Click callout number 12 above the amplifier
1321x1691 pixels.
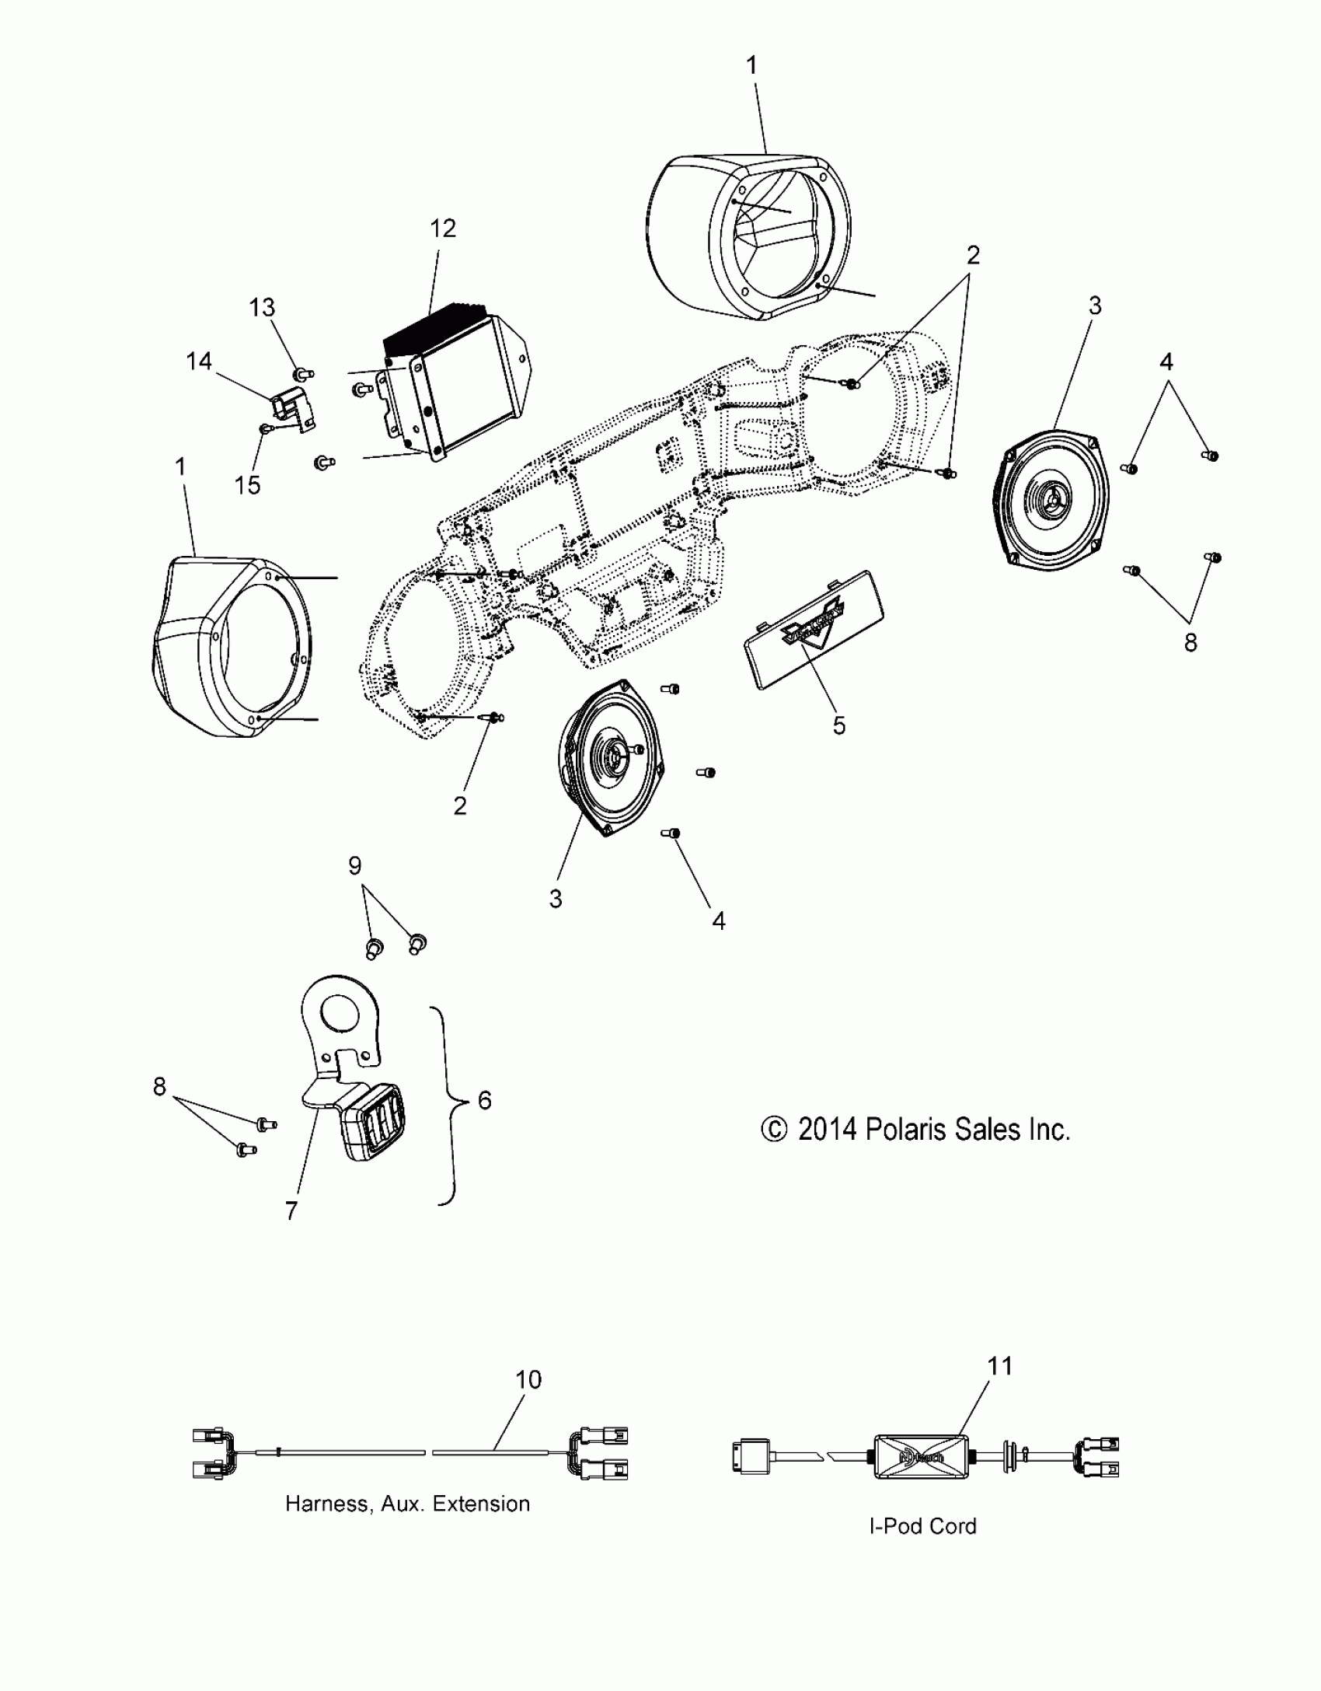[442, 229]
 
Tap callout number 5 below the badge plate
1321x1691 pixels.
[838, 725]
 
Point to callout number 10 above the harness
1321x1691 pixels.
[528, 1380]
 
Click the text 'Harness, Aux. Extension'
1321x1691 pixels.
[407, 1504]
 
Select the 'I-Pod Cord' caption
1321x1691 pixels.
[922, 1526]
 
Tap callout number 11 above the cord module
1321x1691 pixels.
[1000, 1366]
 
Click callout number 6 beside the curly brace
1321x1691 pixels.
[484, 1099]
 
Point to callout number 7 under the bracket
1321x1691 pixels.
[291, 1211]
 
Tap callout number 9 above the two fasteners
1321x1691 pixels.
[355, 865]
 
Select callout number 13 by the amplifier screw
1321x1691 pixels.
[262, 307]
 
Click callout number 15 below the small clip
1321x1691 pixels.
[247, 485]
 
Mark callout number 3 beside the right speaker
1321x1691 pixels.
[1094, 306]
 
